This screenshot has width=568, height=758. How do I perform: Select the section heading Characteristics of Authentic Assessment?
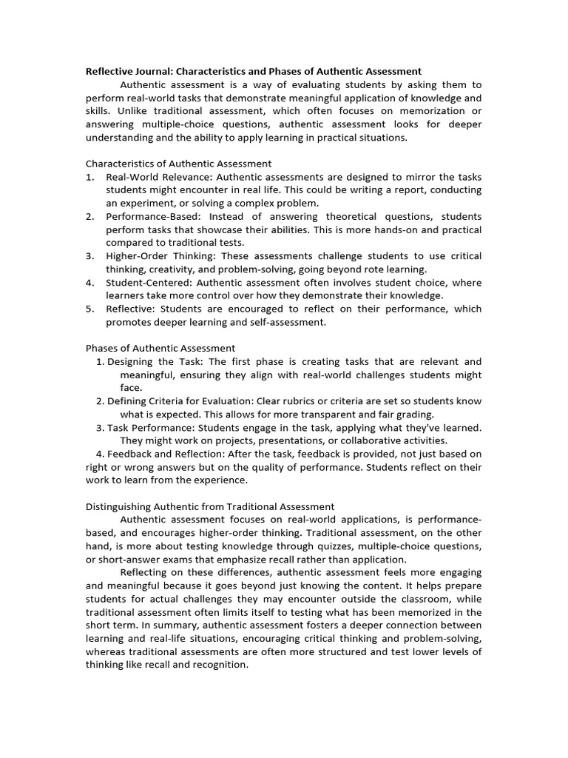point(178,164)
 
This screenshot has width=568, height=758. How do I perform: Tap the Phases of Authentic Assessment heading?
point(160,348)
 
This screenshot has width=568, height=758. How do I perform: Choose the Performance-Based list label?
point(152,216)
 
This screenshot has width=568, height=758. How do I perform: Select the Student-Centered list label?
point(146,283)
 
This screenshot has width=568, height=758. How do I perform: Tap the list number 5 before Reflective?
point(89,309)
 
